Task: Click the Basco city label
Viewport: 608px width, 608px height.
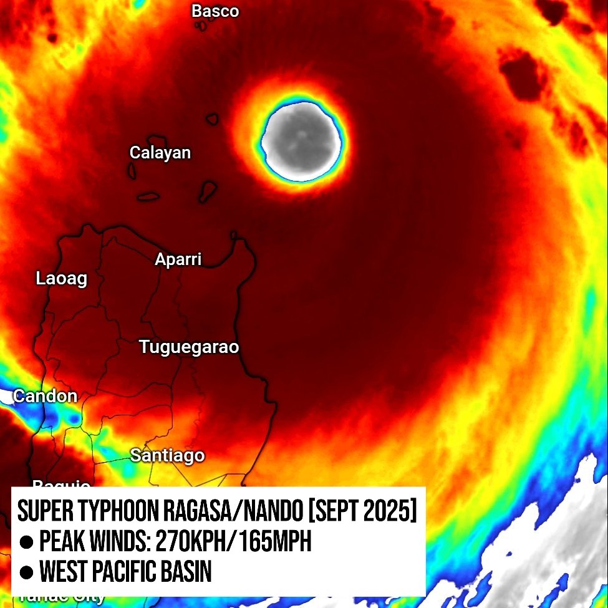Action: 215,11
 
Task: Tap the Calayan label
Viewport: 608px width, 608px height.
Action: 160,153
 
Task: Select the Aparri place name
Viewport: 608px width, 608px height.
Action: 178,259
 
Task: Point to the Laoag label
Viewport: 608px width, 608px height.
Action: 61,278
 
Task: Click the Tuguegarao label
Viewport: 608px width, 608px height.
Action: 189,347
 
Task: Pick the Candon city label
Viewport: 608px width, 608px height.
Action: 46,396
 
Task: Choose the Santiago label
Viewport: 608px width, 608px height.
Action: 167,455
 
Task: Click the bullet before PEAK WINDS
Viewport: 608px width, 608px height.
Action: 26,543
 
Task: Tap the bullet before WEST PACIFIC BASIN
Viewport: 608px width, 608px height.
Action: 26,572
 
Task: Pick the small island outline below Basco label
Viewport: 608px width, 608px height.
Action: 201,26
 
